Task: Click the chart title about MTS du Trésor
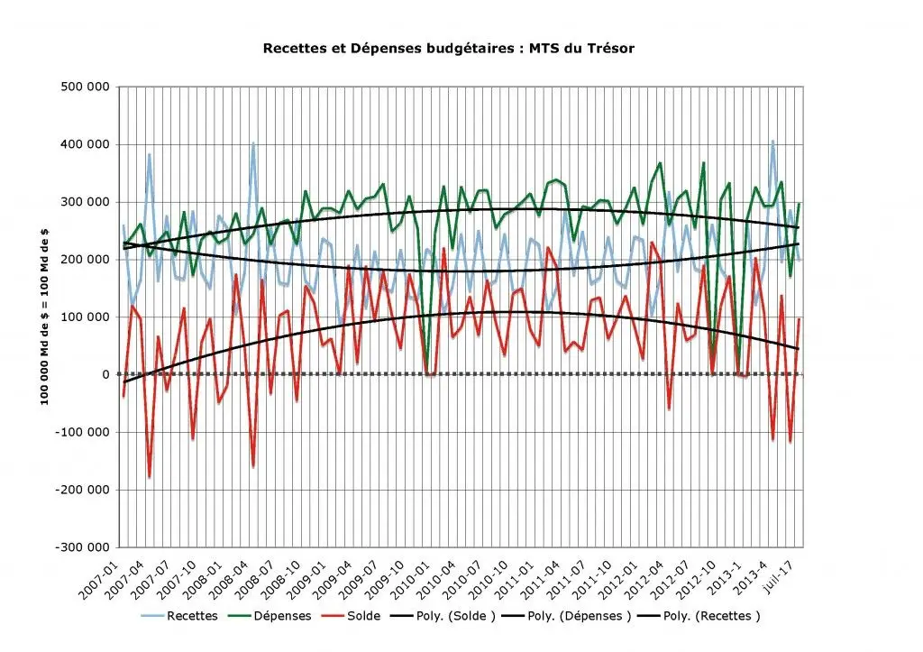click(449, 49)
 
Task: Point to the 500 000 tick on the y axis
click(85, 87)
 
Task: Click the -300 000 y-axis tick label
click(82, 547)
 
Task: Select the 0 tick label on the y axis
click(105, 374)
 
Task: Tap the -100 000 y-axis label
click(82, 432)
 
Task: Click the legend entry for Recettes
click(179, 616)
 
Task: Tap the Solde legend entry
click(351, 616)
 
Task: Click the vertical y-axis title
click(45, 317)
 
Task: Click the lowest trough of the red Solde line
click(150, 476)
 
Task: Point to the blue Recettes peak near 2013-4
click(772, 142)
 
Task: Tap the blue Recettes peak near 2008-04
click(253, 143)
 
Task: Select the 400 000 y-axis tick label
click(85, 144)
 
